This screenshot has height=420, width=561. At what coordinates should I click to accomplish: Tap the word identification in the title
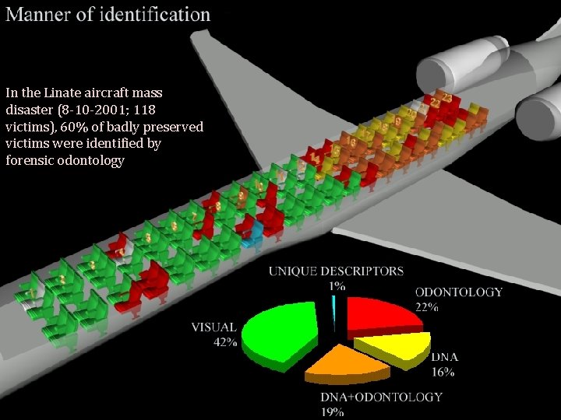pos(154,14)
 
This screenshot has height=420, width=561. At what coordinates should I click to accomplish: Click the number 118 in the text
pos(156,110)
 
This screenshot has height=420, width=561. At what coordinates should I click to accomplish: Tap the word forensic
pos(31,161)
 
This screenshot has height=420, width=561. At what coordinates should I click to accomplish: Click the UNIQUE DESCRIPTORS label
pos(337,271)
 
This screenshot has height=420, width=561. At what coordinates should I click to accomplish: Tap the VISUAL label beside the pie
pos(213,327)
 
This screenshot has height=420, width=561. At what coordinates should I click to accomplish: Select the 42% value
pos(225,342)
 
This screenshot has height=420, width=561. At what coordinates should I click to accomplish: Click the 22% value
pos(426,307)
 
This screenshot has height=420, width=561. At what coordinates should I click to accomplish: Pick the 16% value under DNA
pos(443,372)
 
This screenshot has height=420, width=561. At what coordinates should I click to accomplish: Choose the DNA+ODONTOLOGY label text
pos(382,397)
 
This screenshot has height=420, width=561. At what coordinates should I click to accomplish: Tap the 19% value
pos(332,411)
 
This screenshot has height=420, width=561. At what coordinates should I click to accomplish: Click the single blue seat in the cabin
pos(251,239)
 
